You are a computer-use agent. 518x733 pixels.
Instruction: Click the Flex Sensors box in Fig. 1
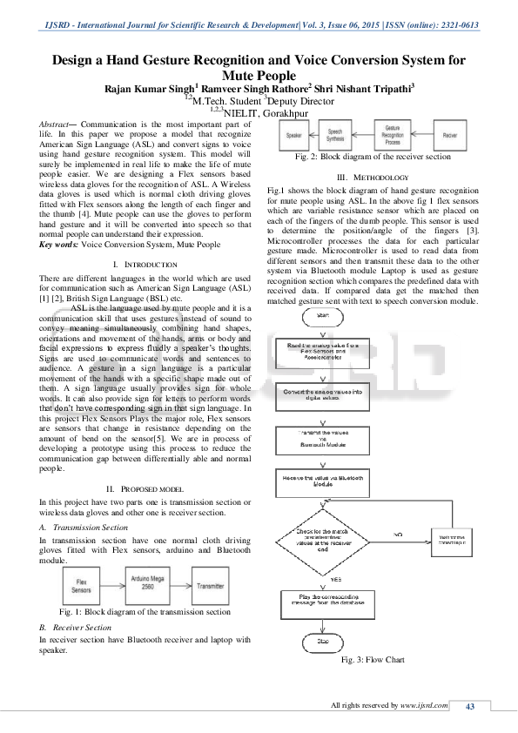(x=81, y=584)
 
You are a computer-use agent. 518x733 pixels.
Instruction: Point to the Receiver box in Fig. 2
(x=450, y=136)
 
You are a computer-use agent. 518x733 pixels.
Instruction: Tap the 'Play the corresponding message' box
(x=323, y=601)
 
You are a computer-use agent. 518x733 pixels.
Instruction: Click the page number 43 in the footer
(x=469, y=706)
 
